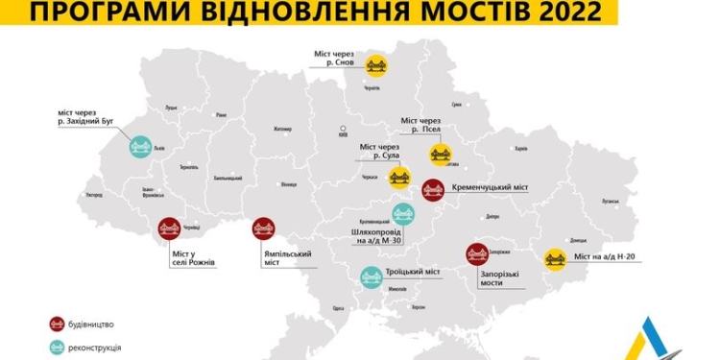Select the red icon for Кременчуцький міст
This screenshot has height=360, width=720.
433,189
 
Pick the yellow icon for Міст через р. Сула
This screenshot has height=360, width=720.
400,177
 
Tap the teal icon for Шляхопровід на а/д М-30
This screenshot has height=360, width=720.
403,215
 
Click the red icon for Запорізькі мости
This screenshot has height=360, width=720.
477,253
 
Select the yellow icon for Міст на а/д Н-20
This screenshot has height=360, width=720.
555,259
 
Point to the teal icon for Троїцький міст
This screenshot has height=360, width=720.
372,277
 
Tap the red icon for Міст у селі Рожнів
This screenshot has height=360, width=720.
170,228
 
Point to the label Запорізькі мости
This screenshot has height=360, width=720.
498,278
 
